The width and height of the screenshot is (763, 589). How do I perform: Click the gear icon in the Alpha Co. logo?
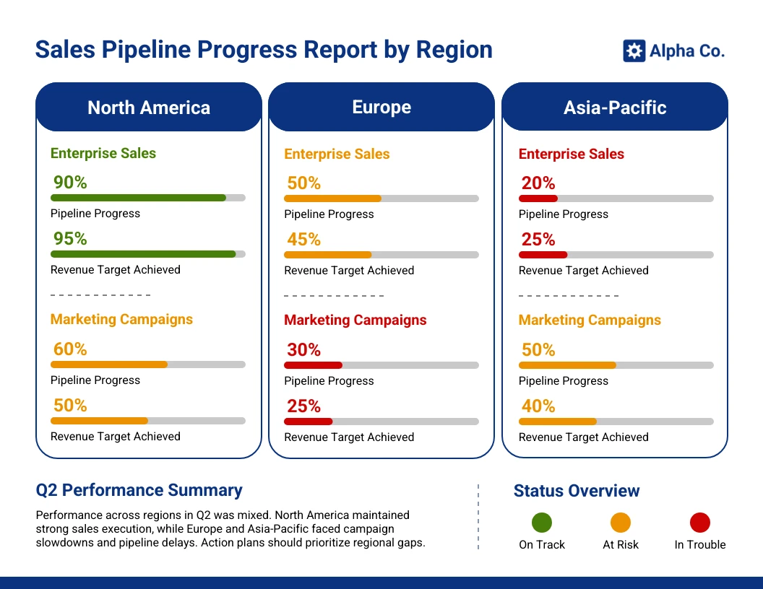tap(634, 51)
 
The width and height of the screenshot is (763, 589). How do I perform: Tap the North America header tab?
tap(149, 108)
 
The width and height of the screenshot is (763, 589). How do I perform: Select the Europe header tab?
tap(381, 107)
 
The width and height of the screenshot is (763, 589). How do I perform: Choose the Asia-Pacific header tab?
tap(615, 108)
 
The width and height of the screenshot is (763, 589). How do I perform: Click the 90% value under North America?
tap(70, 183)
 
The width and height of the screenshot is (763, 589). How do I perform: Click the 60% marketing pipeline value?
tap(70, 349)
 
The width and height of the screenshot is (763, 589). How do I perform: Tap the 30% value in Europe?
tap(303, 350)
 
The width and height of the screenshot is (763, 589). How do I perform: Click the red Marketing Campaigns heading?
tap(355, 320)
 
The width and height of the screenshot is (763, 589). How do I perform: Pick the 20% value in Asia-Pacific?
tap(538, 183)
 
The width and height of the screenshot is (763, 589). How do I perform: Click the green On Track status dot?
tap(542, 523)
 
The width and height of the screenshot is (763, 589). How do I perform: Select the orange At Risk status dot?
tap(621, 523)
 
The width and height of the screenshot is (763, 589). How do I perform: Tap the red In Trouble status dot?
tap(700, 523)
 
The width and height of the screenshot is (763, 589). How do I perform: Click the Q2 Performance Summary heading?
tap(139, 490)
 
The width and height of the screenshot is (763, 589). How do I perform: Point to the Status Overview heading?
tap(577, 491)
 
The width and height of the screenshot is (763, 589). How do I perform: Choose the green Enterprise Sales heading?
tap(103, 153)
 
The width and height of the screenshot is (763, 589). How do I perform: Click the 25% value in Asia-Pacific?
tap(538, 240)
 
